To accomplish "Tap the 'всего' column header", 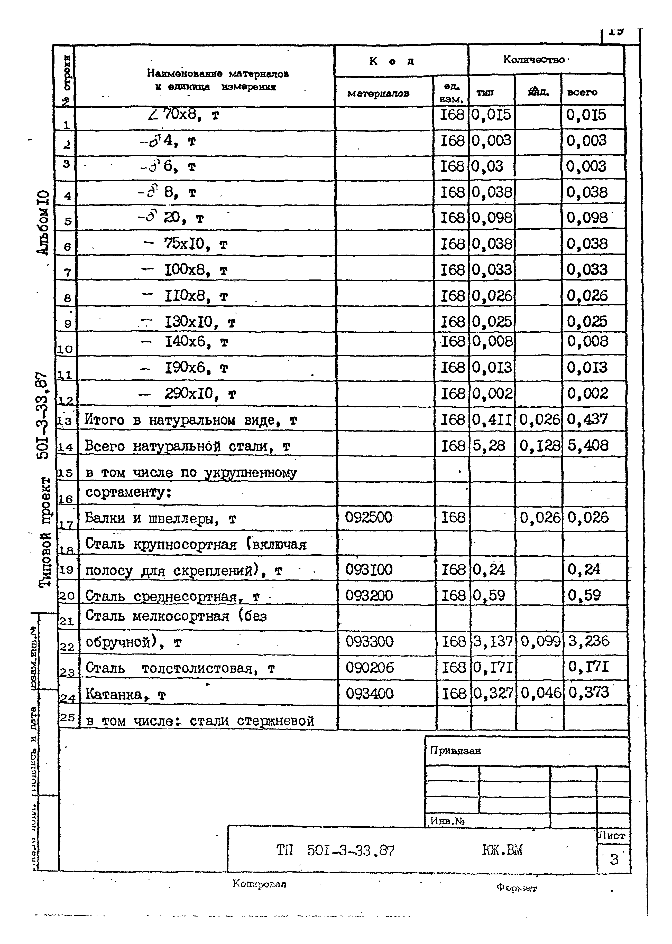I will (x=582, y=92).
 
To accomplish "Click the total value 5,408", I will (x=588, y=445).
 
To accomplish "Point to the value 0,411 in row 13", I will (x=492, y=420).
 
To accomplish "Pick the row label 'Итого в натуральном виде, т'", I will (x=190, y=420).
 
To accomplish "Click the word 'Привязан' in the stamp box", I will (x=455, y=750).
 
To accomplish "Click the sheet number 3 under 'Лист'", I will (x=614, y=859).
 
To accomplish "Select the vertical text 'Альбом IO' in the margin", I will (x=44, y=222).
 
